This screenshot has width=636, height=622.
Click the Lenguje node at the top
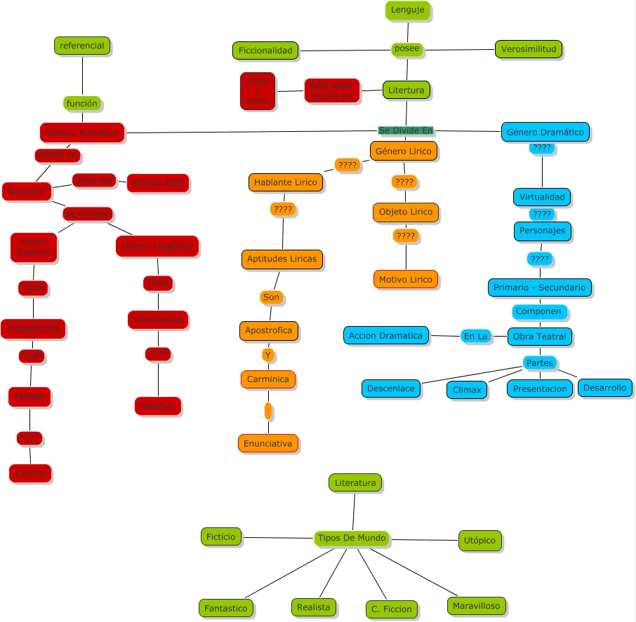(x=407, y=10)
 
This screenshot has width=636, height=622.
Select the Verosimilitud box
(x=529, y=49)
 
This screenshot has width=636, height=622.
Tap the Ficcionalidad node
(x=265, y=50)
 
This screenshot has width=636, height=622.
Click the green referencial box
(x=82, y=46)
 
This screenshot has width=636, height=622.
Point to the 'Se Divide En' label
(x=406, y=130)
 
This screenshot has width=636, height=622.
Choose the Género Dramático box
(x=545, y=132)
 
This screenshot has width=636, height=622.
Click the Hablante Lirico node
(x=286, y=182)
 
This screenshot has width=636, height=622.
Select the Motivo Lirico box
(x=406, y=279)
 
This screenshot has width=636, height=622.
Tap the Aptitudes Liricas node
(x=281, y=259)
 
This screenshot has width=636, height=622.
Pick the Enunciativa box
(x=267, y=443)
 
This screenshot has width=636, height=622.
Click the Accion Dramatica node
(x=386, y=335)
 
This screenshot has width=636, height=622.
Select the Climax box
(x=467, y=389)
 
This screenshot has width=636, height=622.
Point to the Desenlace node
(x=391, y=388)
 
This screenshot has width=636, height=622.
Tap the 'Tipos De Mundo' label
(x=352, y=538)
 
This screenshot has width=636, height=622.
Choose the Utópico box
(x=480, y=540)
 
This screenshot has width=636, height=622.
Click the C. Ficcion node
(x=392, y=609)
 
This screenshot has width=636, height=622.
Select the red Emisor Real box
(x=158, y=183)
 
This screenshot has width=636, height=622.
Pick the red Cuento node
(x=30, y=473)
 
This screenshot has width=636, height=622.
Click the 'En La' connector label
(x=475, y=336)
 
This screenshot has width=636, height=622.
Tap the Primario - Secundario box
(x=539, y=288)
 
